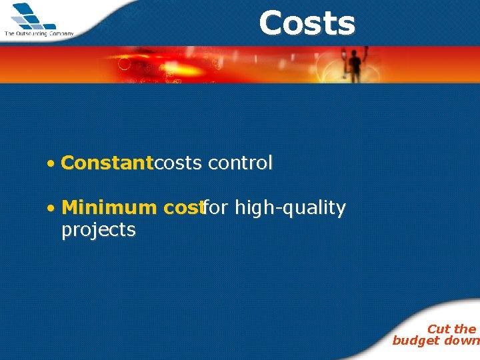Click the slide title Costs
307,23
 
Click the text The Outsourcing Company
39,33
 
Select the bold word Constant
107,163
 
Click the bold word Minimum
109,208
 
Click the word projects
99,230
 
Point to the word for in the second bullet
215,208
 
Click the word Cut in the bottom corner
439,329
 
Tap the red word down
462,341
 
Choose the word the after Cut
465,329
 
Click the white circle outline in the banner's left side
124,64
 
